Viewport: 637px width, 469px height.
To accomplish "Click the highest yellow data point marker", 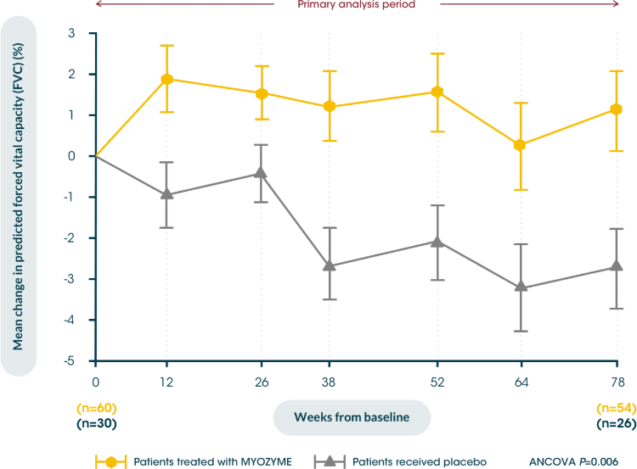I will (x=167, y=79).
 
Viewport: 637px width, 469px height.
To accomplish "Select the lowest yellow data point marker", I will (x=521, y=146).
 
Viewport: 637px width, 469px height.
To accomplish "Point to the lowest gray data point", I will (x=521, y=286).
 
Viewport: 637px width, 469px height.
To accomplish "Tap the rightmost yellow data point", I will (x=617, y=109).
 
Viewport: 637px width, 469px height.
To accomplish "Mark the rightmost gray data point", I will (x=617, y=266).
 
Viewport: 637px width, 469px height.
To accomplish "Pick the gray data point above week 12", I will (x=167, y=196).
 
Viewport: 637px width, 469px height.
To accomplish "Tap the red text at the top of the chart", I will (x=357, y=4).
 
